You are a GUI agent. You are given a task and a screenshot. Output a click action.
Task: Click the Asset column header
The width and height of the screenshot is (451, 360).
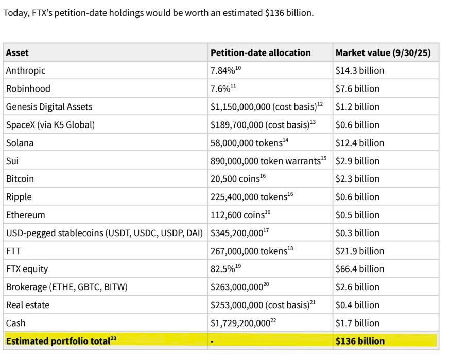pyautogui.click(x=18, y=52)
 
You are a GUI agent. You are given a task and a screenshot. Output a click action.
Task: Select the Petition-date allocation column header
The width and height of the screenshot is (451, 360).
pyautogui.click(x=261, y=52)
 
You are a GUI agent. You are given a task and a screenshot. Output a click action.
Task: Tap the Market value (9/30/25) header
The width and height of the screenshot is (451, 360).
pyautogui.click(x=383, y=52)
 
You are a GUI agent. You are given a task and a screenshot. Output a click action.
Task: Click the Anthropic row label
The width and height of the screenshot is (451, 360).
pyautogui.click(x=26, y=70)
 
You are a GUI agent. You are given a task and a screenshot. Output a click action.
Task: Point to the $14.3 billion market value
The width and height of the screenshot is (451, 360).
pyautogui.click(x=359, y=70)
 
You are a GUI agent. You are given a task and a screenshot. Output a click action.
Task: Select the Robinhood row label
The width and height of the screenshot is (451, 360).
pyautogui.click(x=28, y=88)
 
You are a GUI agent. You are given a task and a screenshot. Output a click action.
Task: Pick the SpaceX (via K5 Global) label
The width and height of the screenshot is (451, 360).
pyautogui.click(x=50, y=124)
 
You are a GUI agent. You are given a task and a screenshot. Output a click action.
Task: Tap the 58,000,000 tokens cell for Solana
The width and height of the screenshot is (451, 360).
pyautogui.click(x=247, y=142)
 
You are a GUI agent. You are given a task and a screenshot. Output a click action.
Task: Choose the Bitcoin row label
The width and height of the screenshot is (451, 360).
pyautogui.click(x=20, y=179)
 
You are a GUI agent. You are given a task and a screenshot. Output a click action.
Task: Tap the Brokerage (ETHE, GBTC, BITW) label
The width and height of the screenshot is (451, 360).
pyautogui.click(x=67, y=287)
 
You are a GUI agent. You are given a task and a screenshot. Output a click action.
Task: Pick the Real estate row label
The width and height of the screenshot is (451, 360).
pyautogui.click(x=28, y=305)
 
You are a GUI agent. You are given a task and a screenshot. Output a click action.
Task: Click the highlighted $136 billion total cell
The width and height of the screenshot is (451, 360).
pyautogui.click(x=360, y=341)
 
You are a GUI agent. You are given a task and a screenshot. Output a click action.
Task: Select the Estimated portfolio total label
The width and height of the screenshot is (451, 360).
pyautogui.click(x=58, y=341)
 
